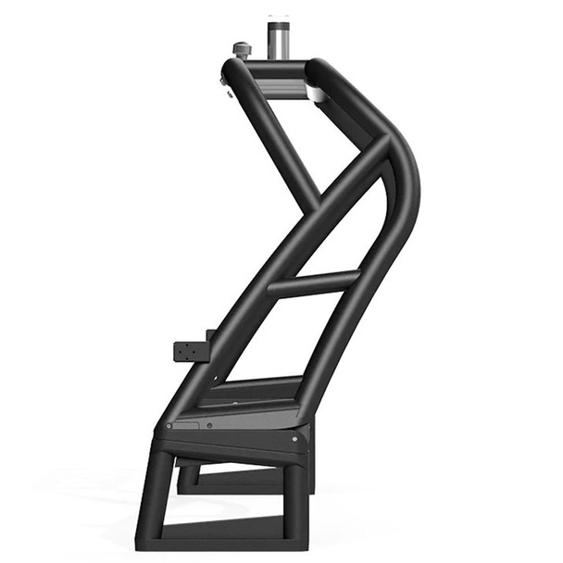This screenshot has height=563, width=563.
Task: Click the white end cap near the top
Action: click(316, 94)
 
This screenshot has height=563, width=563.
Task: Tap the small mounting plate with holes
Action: click(191, 353)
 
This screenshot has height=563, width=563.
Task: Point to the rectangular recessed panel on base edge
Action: click(185, 424)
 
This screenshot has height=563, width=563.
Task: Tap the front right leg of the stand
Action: click(294, 500)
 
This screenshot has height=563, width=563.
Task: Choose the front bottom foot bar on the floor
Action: click(222, 532)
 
